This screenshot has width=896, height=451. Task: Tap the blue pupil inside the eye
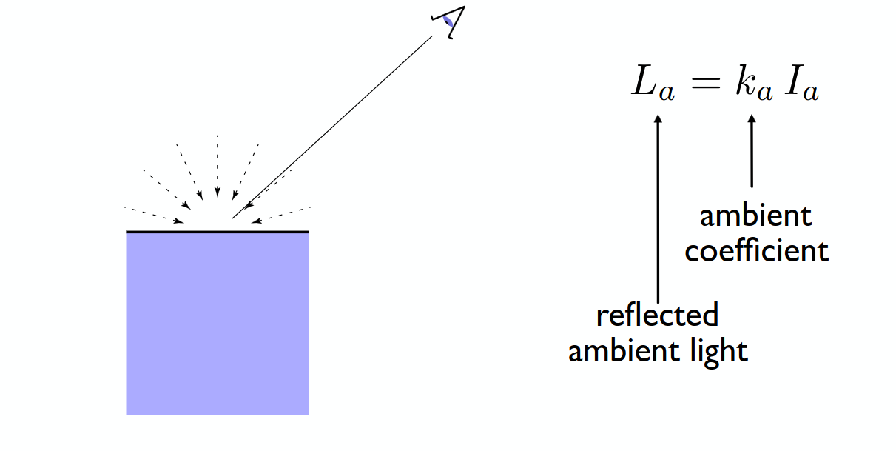[448, 21]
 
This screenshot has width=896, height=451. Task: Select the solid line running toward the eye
[332, 127]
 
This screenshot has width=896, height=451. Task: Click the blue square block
[218, 324]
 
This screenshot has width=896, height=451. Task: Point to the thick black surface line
[218, 232]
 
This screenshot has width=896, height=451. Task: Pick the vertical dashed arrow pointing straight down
[218, 166]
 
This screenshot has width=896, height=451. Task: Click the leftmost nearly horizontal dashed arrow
[154, 215]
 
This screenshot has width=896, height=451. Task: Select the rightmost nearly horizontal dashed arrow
[281, 215]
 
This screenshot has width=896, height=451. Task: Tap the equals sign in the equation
[706, 84]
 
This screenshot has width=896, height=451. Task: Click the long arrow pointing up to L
[658, 208]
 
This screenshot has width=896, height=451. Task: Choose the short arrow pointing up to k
[752, 151]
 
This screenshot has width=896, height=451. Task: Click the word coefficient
[757, 251]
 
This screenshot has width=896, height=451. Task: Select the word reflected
[658, 315]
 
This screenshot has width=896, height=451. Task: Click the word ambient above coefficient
[756, 216]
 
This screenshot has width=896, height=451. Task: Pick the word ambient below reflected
[624, 350]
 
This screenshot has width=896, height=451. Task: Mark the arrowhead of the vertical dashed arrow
[218, 192]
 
